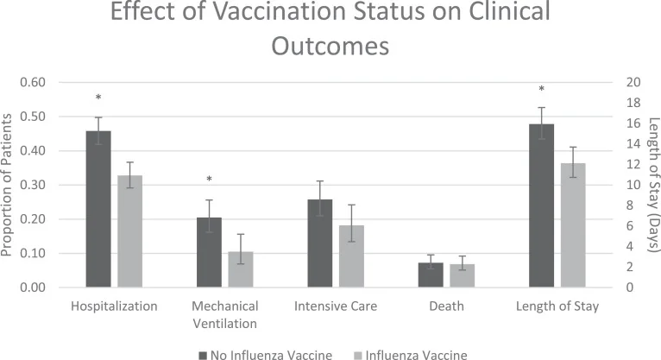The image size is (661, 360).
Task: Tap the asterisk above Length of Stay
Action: (541, 91)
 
